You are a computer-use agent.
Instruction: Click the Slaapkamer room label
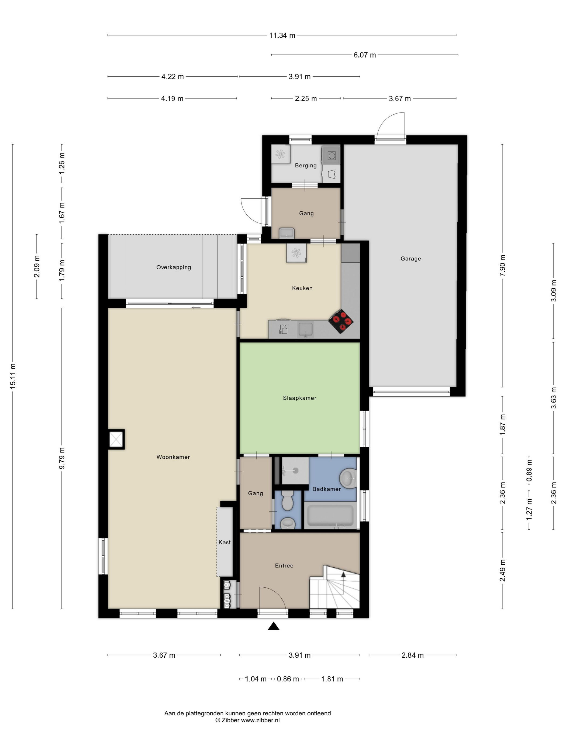click(x=299, y=398)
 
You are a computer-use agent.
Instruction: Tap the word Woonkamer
click(x=173, y=457)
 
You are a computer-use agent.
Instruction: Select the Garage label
click(x=410, y=259)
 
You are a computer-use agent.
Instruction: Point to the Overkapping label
click(x=173, y=267)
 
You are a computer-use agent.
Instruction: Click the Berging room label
click(x=306, y=166)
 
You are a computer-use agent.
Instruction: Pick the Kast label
click(x=225, y=542)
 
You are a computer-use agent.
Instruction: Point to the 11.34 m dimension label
click(x=282, y=35)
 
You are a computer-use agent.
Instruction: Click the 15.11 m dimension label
click(x=13, y=376)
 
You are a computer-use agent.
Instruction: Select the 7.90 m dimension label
click(x=502, y=266)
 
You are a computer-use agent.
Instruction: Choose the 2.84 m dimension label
click(x=412, y=655)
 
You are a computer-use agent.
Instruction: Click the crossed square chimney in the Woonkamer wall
click(x=116, y=439)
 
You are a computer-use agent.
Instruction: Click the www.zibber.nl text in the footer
click(x=260, y=720)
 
